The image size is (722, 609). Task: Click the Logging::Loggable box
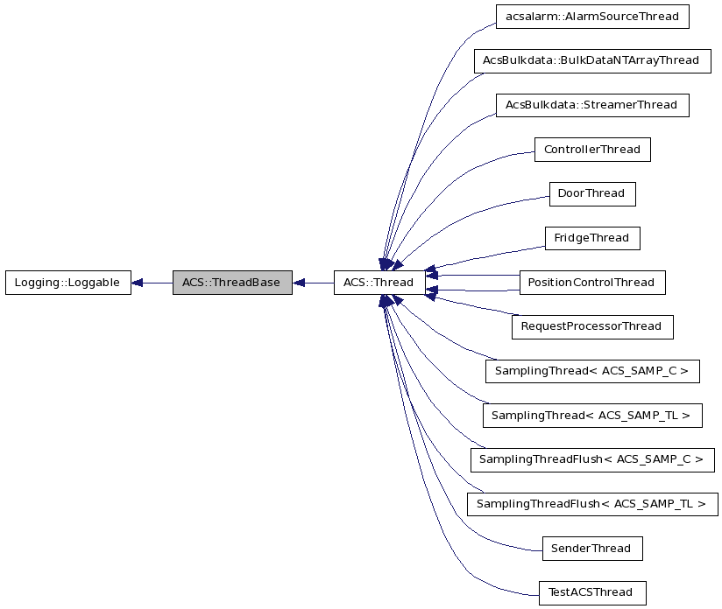point(67,283)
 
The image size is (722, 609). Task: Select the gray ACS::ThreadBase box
point(232,283)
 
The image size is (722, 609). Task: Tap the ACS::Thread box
point(379,283)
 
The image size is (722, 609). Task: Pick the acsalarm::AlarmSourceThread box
point(591,16)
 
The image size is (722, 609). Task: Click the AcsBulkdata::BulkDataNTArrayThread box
point(591,60)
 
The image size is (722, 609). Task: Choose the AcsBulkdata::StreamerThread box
point(591,105)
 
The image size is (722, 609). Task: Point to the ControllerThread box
point(591,150)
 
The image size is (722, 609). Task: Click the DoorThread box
point(591,193)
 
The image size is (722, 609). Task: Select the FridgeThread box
point(591,238)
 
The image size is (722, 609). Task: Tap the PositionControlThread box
point(591,283)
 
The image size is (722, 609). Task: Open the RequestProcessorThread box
point(591,326)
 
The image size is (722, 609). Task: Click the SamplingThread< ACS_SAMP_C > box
point(591,371)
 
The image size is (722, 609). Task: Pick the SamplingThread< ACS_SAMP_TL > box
point(591,416)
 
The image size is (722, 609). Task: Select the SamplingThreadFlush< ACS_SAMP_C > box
point(591,459)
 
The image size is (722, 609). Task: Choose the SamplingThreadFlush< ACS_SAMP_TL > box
point(591,504)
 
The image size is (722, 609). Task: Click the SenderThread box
point(591,549)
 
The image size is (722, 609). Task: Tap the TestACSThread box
point(591,592)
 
